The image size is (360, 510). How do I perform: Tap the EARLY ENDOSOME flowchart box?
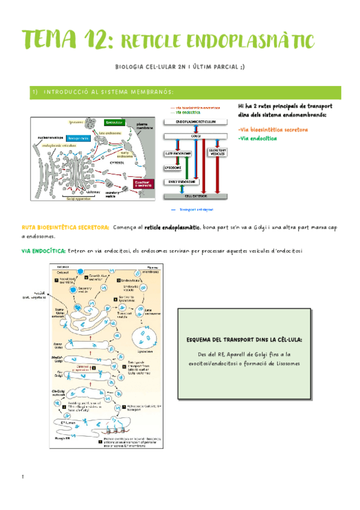[x=185, y=181]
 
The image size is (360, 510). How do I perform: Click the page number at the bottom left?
[x=22, y=478]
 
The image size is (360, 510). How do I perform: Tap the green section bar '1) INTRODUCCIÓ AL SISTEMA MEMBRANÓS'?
[x=180, y=92]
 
